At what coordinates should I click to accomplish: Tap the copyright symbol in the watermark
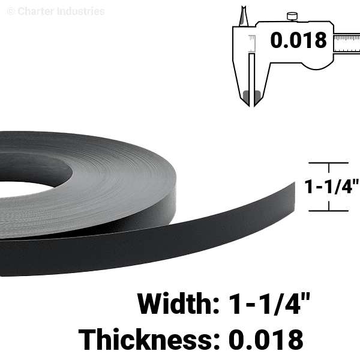(x=11, y=11)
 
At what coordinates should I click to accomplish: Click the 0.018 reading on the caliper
(x=298, y=40)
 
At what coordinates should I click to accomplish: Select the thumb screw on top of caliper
(x=292, y=16)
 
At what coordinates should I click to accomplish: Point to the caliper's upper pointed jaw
(x=244, y=16)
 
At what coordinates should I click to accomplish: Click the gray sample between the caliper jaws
(x=251, y=97)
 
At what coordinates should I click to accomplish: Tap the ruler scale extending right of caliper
(x=347, y=44)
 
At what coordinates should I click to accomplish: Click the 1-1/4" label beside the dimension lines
(x=331, y=187)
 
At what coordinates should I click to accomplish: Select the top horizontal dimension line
(x=329, y=163)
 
